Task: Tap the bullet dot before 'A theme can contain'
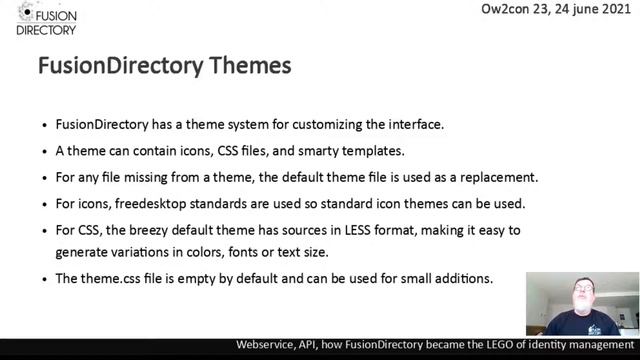pos(45,152)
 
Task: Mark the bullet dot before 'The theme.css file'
pos(45,278)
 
